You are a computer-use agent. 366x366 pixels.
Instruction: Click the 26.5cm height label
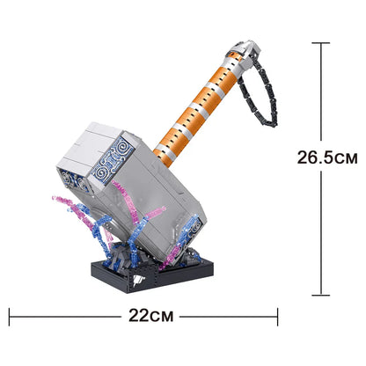pyautogui.click(x=326, y=158)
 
